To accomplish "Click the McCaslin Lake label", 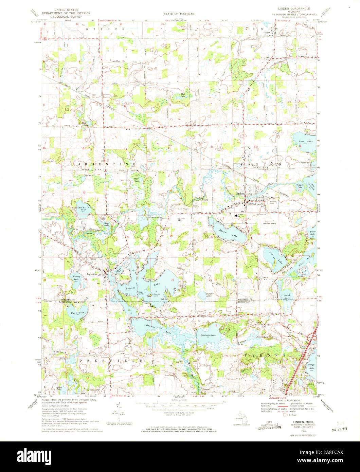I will (x=81, y=209).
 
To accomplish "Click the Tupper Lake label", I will (x=300, y=186).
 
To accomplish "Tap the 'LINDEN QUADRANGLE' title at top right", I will (x=295, y=10).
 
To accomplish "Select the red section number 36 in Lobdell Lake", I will (x=173, y=280).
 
